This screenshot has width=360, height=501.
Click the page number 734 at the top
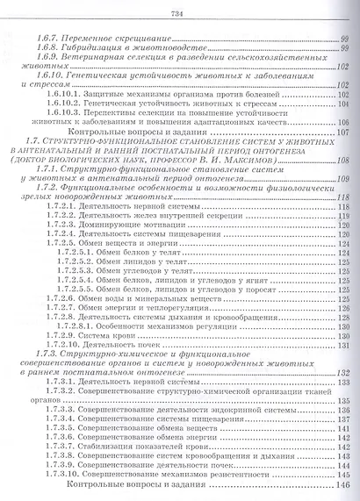[x=181, y=11]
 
